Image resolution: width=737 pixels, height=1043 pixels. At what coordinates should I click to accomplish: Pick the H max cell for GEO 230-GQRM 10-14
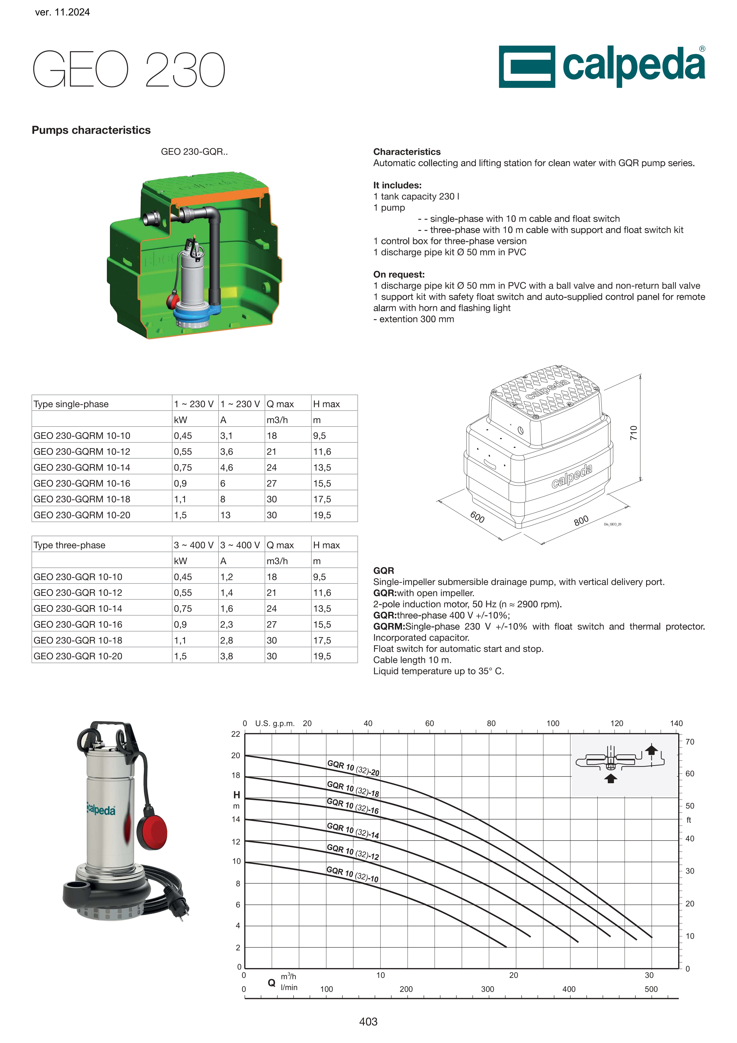322,468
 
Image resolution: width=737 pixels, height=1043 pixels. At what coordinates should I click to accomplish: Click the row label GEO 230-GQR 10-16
78,624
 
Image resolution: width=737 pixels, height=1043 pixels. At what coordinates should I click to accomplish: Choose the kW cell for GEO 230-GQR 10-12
183,593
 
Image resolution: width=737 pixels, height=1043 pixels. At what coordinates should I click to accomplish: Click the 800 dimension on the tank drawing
581,520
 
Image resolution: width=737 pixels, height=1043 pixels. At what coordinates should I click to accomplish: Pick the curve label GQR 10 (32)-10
352,874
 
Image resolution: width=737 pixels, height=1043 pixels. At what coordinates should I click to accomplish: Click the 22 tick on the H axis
235,734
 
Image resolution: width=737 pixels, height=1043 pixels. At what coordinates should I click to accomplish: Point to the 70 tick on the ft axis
690,742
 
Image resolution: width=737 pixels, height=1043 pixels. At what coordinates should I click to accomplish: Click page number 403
368,1022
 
